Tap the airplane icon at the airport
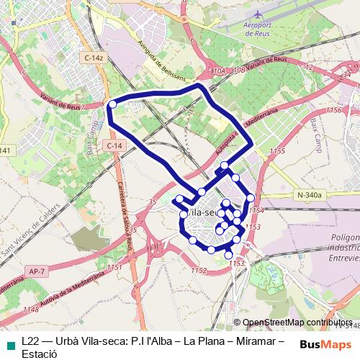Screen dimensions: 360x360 pos(258,14)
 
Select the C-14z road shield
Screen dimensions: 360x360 pos(94,57)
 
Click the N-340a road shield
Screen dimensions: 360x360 pos(310,194)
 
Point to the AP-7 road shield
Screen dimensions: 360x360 pos(37,271)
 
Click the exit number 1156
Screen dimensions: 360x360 pos(333,110)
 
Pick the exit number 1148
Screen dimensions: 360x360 pos(31,310)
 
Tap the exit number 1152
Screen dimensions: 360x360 pos(199,270)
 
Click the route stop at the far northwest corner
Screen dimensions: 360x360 pos(112,105)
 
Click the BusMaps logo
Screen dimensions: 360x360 pos(325,344)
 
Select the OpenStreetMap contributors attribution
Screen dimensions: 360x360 pos(297,323)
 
